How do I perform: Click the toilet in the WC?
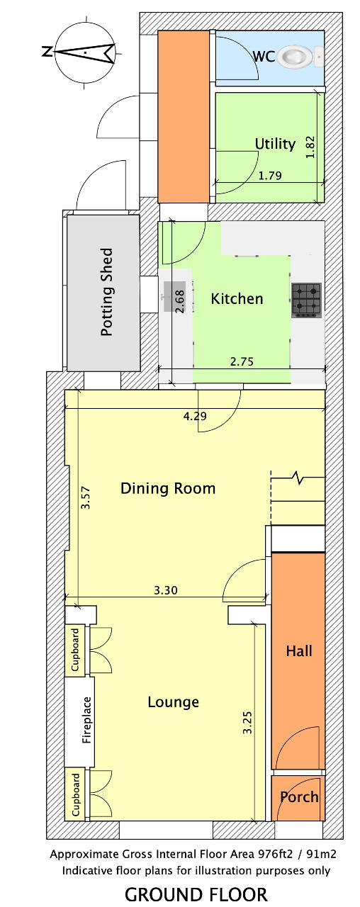click(303, 56)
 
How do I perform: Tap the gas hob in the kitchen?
click(307, 300)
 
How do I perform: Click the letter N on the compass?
click(47, 52)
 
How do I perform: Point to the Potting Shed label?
click(106, 292)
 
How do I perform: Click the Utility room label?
click(275, 144)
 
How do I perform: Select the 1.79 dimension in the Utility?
click(270, 175)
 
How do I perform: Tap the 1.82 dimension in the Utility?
click(310, 147)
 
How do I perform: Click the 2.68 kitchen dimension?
click(180, 301)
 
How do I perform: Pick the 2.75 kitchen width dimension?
click(242, 361)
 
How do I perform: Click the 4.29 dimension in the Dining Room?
click(195, 416)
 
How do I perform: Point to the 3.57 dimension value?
click(86, 497)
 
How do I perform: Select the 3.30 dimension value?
click(166, 590)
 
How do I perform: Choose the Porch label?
click(299, 797)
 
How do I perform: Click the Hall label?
click(299, 651)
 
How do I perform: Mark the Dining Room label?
click(168, 488)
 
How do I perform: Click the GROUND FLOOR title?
click(196, 894)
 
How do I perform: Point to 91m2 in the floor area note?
click(322, 852)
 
